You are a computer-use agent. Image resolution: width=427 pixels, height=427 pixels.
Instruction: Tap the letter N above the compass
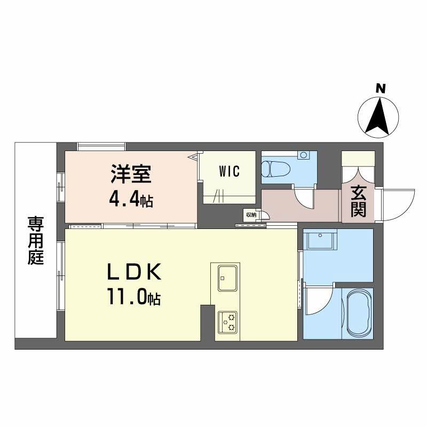point(380,88)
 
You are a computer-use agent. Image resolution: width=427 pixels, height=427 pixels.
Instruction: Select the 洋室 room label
point(131,175)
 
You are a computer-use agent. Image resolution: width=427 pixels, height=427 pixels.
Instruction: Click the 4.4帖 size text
point(131,200)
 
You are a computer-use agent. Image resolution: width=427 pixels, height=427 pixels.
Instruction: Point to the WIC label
point(229,172)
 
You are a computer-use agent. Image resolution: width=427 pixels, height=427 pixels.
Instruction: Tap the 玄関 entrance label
point(358,201)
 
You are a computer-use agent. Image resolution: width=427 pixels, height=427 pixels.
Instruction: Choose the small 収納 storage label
point(250,215)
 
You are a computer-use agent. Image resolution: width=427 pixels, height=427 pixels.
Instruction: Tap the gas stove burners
point(228,322)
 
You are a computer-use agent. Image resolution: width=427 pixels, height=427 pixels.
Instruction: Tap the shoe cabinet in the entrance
point(358,159)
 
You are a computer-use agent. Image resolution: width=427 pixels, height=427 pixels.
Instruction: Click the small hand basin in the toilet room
point(304,155)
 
